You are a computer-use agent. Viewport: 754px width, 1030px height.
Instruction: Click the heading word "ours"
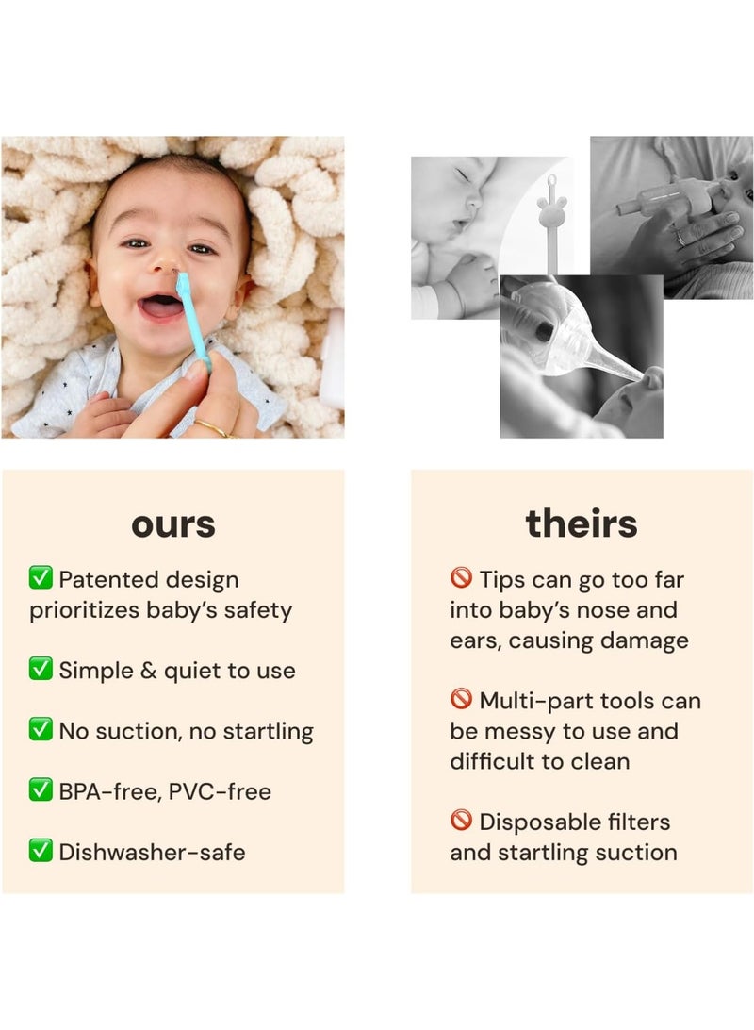172,524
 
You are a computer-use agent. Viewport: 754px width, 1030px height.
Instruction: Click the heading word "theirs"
582,523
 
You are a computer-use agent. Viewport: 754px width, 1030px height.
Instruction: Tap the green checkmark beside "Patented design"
41,578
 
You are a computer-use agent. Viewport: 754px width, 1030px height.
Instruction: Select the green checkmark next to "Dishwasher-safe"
41,851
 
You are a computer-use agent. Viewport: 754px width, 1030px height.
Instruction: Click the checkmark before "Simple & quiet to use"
41,670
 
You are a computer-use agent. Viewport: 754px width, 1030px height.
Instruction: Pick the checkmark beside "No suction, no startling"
41,730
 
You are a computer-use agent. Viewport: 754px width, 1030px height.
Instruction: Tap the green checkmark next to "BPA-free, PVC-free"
41,790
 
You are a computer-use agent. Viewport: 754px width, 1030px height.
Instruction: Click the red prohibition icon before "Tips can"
461,578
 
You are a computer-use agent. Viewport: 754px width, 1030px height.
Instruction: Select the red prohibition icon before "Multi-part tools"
461,700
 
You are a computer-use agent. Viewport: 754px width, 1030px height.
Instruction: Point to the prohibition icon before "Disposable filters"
461,821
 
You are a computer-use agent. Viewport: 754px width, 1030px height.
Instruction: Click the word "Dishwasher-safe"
152,852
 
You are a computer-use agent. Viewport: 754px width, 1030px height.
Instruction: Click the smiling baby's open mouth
162,308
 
